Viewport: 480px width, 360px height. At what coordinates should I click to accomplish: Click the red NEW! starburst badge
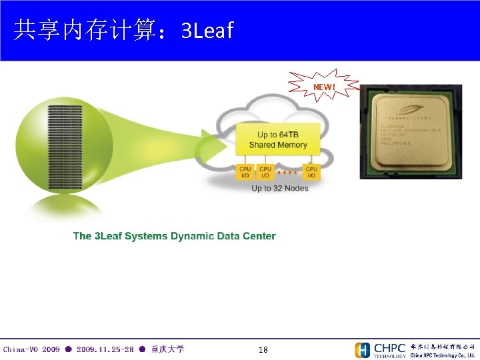tap(324, 87)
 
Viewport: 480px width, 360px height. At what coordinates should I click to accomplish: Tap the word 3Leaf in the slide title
tap(207, 30)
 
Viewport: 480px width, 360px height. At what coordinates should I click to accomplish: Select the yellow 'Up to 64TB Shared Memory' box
tap(278, 140)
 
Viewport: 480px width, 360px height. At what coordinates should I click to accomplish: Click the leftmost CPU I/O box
tap(245, 172)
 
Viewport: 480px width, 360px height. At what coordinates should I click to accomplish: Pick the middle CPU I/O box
tap(265, 172)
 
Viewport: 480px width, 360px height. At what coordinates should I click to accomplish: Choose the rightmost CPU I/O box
tap(311, 172)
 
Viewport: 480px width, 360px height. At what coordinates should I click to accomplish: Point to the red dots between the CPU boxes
tap(288, 172)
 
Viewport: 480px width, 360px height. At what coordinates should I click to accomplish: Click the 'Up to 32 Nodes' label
tap(280, 189)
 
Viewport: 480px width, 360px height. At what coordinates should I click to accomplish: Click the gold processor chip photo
tap(411, 131)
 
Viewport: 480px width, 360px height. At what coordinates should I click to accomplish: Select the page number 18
tap(263, 349)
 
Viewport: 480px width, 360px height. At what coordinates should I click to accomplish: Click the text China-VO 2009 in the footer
tap(31, 349)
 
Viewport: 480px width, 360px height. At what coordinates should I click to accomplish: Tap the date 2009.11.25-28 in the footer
tap(105, 349)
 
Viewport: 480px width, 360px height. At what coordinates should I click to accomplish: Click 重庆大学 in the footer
tap(167, 349)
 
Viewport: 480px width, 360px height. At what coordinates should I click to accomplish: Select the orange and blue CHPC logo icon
tap(363, 350)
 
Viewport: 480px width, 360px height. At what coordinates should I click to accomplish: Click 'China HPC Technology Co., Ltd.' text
tap(442, 355)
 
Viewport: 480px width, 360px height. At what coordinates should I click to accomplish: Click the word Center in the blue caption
tap(259, 236)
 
